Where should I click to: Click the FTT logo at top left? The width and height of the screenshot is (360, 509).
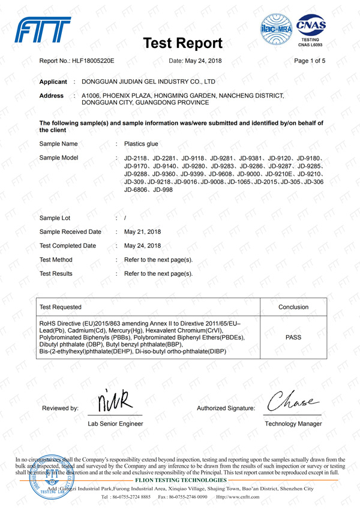click(44, 29)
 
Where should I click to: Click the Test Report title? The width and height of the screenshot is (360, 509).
click(184, 43)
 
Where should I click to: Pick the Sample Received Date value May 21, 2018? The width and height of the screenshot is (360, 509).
click(142, 231)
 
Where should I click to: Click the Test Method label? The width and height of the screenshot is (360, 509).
click(56, 260)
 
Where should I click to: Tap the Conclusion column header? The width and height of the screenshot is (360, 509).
click(293, 307)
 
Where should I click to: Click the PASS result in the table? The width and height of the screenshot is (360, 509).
click(293, 338)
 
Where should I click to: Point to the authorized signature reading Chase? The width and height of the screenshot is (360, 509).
click(291, 396)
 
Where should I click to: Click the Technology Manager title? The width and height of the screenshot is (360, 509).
click(293, 424)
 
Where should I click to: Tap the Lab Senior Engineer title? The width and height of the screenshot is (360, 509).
click(115, 424)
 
